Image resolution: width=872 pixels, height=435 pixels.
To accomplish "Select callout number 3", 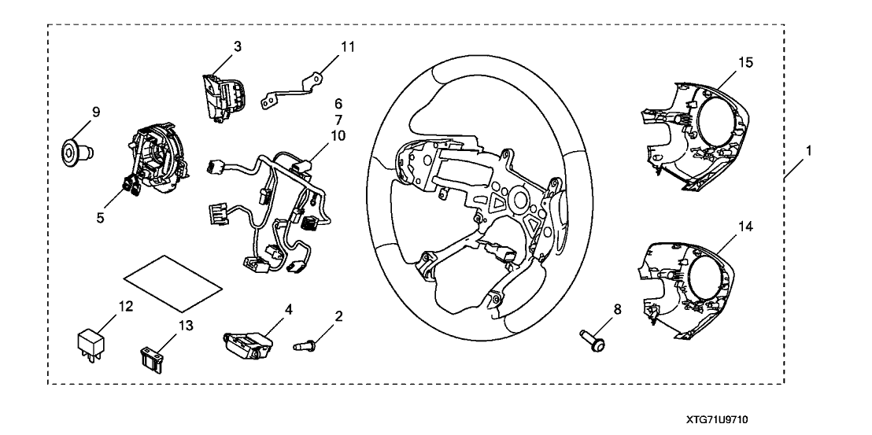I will click(x=236, y=46).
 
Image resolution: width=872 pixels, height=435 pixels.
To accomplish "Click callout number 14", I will click(x=745, y=227).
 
